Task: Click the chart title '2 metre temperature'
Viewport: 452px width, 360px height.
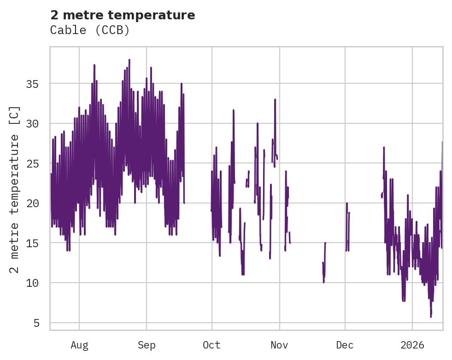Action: [x=123, y=15]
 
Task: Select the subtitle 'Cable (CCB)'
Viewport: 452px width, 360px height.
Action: [x=90, y=30]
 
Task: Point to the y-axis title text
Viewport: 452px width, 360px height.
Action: [x=15, y=189]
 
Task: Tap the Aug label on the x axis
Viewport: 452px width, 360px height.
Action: [x=79, y=345]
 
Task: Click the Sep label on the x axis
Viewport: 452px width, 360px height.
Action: [x=147, y=345]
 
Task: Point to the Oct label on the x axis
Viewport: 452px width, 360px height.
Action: [x=212, y=345]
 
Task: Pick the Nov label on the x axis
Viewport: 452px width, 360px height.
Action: [x=279, y=345]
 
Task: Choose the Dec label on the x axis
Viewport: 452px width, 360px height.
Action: [x=345, y=345]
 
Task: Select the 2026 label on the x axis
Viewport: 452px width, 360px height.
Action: [x=412, y=345]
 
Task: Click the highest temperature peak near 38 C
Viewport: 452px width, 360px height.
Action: [x=129, y=60]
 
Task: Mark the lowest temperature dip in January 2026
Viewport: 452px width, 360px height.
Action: [x=431, y=316]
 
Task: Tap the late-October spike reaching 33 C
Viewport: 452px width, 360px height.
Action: [x=275, y=99]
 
